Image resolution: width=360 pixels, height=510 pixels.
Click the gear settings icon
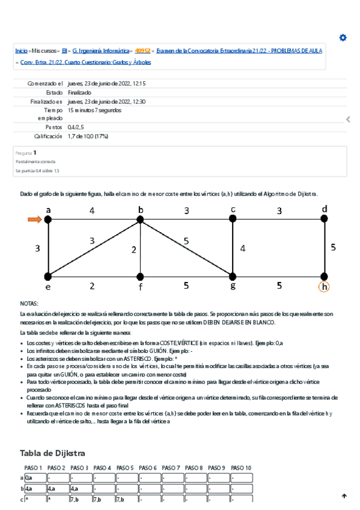click(x=343, y=37)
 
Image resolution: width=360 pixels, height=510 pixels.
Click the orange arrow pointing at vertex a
click(x=34, y=220)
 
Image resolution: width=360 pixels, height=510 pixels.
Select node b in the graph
click(x=140, y=220)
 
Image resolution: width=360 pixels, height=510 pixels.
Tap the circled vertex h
click(x=325, y=287)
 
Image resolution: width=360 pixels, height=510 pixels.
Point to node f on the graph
click(x=140, y=277)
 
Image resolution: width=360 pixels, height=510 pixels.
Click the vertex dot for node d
click(x=325, y=220)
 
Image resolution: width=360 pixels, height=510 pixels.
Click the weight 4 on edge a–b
click(x=92, y=210)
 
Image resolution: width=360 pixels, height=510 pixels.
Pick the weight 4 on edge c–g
click(x=243, y=248)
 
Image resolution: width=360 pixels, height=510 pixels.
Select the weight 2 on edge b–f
click(x=134, y=250)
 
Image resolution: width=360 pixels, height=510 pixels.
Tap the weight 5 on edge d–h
click(x=334, y=247)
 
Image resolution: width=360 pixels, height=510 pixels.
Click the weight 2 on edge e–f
click(x=92, y=286)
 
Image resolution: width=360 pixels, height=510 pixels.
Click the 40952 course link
click(x=142, y=51)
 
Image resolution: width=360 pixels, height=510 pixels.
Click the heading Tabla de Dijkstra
click(x=52, y=453)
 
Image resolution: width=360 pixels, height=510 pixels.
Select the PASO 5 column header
click(x=125, y=468)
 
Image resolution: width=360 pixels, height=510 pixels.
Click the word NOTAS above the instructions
click(x=29, y=304)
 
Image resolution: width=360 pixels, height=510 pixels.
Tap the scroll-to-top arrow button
click(x=344, y=496)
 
